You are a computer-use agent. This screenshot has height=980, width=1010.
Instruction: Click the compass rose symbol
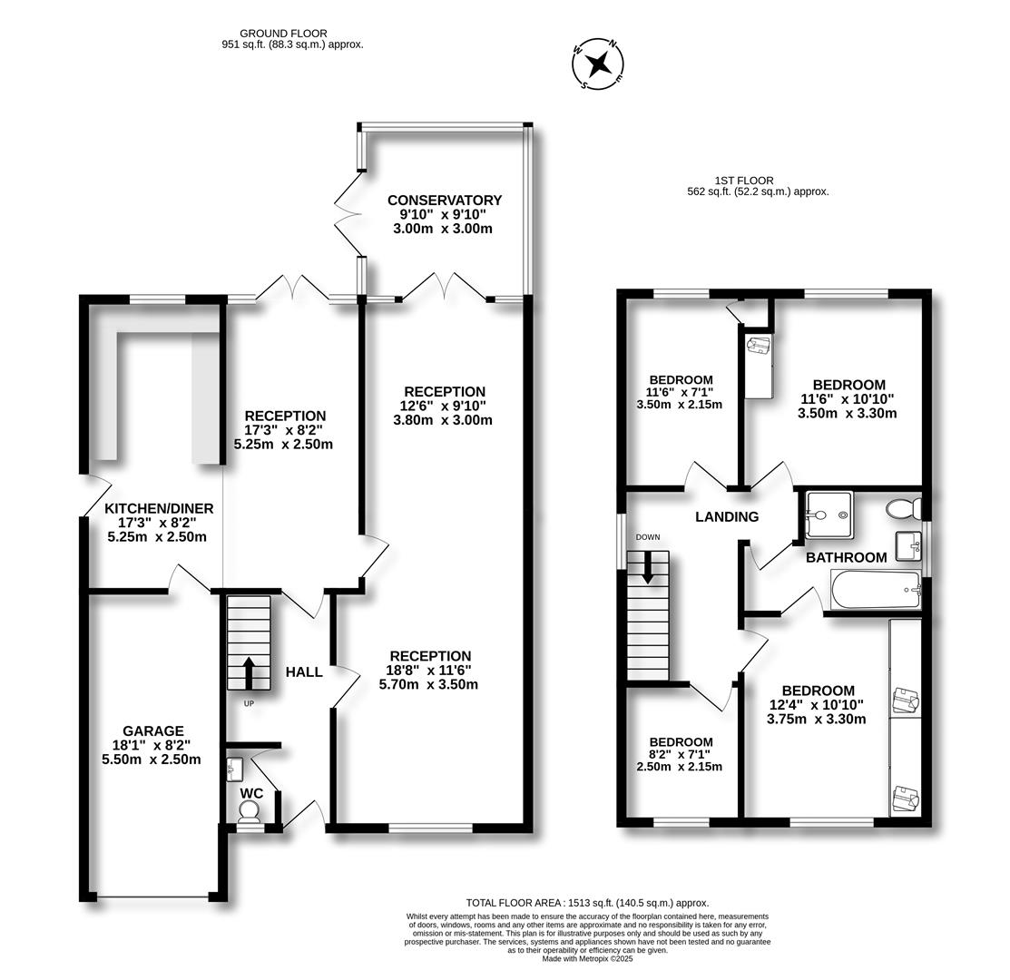pyautogui.click(x=598, y=64)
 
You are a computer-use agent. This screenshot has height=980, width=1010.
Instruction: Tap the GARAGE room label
pyautogui.click(x=153, y=730)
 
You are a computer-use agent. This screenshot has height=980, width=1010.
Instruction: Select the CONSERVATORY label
pyautogui.click(x=445, y=201)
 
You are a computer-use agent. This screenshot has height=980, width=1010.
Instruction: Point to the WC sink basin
pyautogui.click(x=234, y=768)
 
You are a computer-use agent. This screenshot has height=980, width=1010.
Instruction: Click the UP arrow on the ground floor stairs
pyautogui.click(x=249, y=673)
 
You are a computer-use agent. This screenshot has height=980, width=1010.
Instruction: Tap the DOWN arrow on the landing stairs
pyautogui.click(x=647, y=566)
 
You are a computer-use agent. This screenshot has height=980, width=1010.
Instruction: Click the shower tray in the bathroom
pyautogui.click(x=829, y=515)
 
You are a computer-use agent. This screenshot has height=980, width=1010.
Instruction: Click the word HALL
pyautogui.click(x=304, y=672)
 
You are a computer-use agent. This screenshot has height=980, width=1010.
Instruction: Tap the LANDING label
pyautogui.click(x=727, y=516)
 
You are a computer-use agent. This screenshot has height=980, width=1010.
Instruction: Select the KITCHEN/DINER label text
pyautogui.click(x=159, y=509)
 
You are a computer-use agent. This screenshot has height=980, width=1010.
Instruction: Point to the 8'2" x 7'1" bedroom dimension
pyautogui.click(x=680, y=755)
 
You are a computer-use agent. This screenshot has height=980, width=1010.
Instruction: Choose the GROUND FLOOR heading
pyautogui.click(x=283, y=34)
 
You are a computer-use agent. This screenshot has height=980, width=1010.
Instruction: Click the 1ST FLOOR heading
pyautogui.click(x=744, y=181)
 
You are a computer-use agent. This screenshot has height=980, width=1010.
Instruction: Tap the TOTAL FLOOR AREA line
pyautogui.click(x=587, y=903)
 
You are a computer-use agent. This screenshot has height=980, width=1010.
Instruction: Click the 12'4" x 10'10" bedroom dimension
pyautogui.click(x=816, y=705)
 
